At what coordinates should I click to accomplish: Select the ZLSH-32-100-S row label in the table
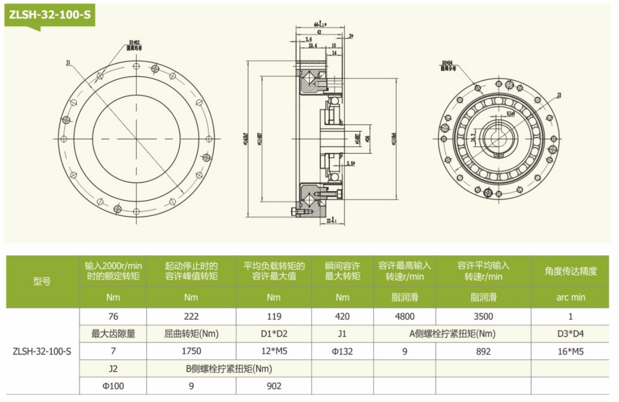(42, 351)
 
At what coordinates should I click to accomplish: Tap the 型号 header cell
(42, 281)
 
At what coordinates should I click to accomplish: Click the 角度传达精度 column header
(570, 271)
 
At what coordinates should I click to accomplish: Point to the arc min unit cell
(570, 298)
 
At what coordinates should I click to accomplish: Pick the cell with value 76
(113, 316)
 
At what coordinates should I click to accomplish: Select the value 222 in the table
(191, 316)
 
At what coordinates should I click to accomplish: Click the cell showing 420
(342, 316)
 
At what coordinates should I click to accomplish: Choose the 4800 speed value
(404, 316)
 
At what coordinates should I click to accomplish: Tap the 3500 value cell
(483, 316)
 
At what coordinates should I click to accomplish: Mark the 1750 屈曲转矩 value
(191, 351)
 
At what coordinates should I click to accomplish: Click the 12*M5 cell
(273, 351)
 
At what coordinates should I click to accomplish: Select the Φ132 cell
(342, 351)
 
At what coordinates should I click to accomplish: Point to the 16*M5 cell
(570, 351)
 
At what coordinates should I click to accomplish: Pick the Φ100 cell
(113, 386)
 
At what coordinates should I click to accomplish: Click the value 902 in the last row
(273, 386)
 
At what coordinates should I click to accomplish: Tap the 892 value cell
(483, 351)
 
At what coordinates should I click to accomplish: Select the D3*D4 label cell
(570, 334)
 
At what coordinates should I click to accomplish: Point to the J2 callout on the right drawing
(558, 96)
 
